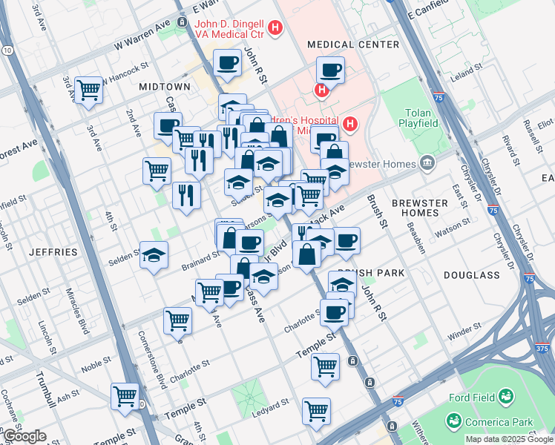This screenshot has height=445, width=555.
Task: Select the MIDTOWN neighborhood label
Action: point(164,87)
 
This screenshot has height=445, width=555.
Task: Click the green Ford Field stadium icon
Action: point(506,397)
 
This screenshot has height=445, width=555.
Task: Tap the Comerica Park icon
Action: point(453,421)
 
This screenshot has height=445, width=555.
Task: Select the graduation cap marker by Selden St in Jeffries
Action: point(153,256)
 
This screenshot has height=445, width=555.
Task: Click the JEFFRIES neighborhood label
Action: point(53,252)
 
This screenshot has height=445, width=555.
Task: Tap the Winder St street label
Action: point(464,333)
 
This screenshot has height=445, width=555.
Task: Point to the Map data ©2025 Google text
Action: point(508,439)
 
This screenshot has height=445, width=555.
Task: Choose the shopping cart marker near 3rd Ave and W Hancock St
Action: point(88,90)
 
